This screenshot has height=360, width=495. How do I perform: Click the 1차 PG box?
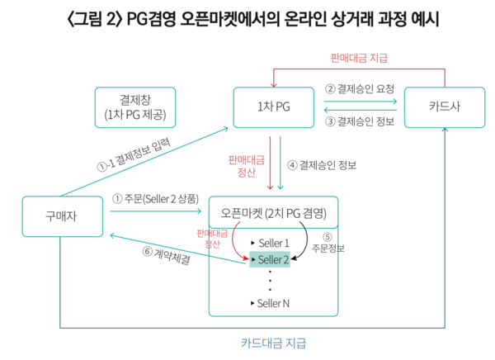click(273, 107)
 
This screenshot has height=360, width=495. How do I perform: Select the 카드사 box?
click(444, 107)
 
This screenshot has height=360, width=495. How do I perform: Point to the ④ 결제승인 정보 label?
click(321, 164)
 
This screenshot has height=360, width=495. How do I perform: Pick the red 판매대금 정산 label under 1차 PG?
click(245, 164)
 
